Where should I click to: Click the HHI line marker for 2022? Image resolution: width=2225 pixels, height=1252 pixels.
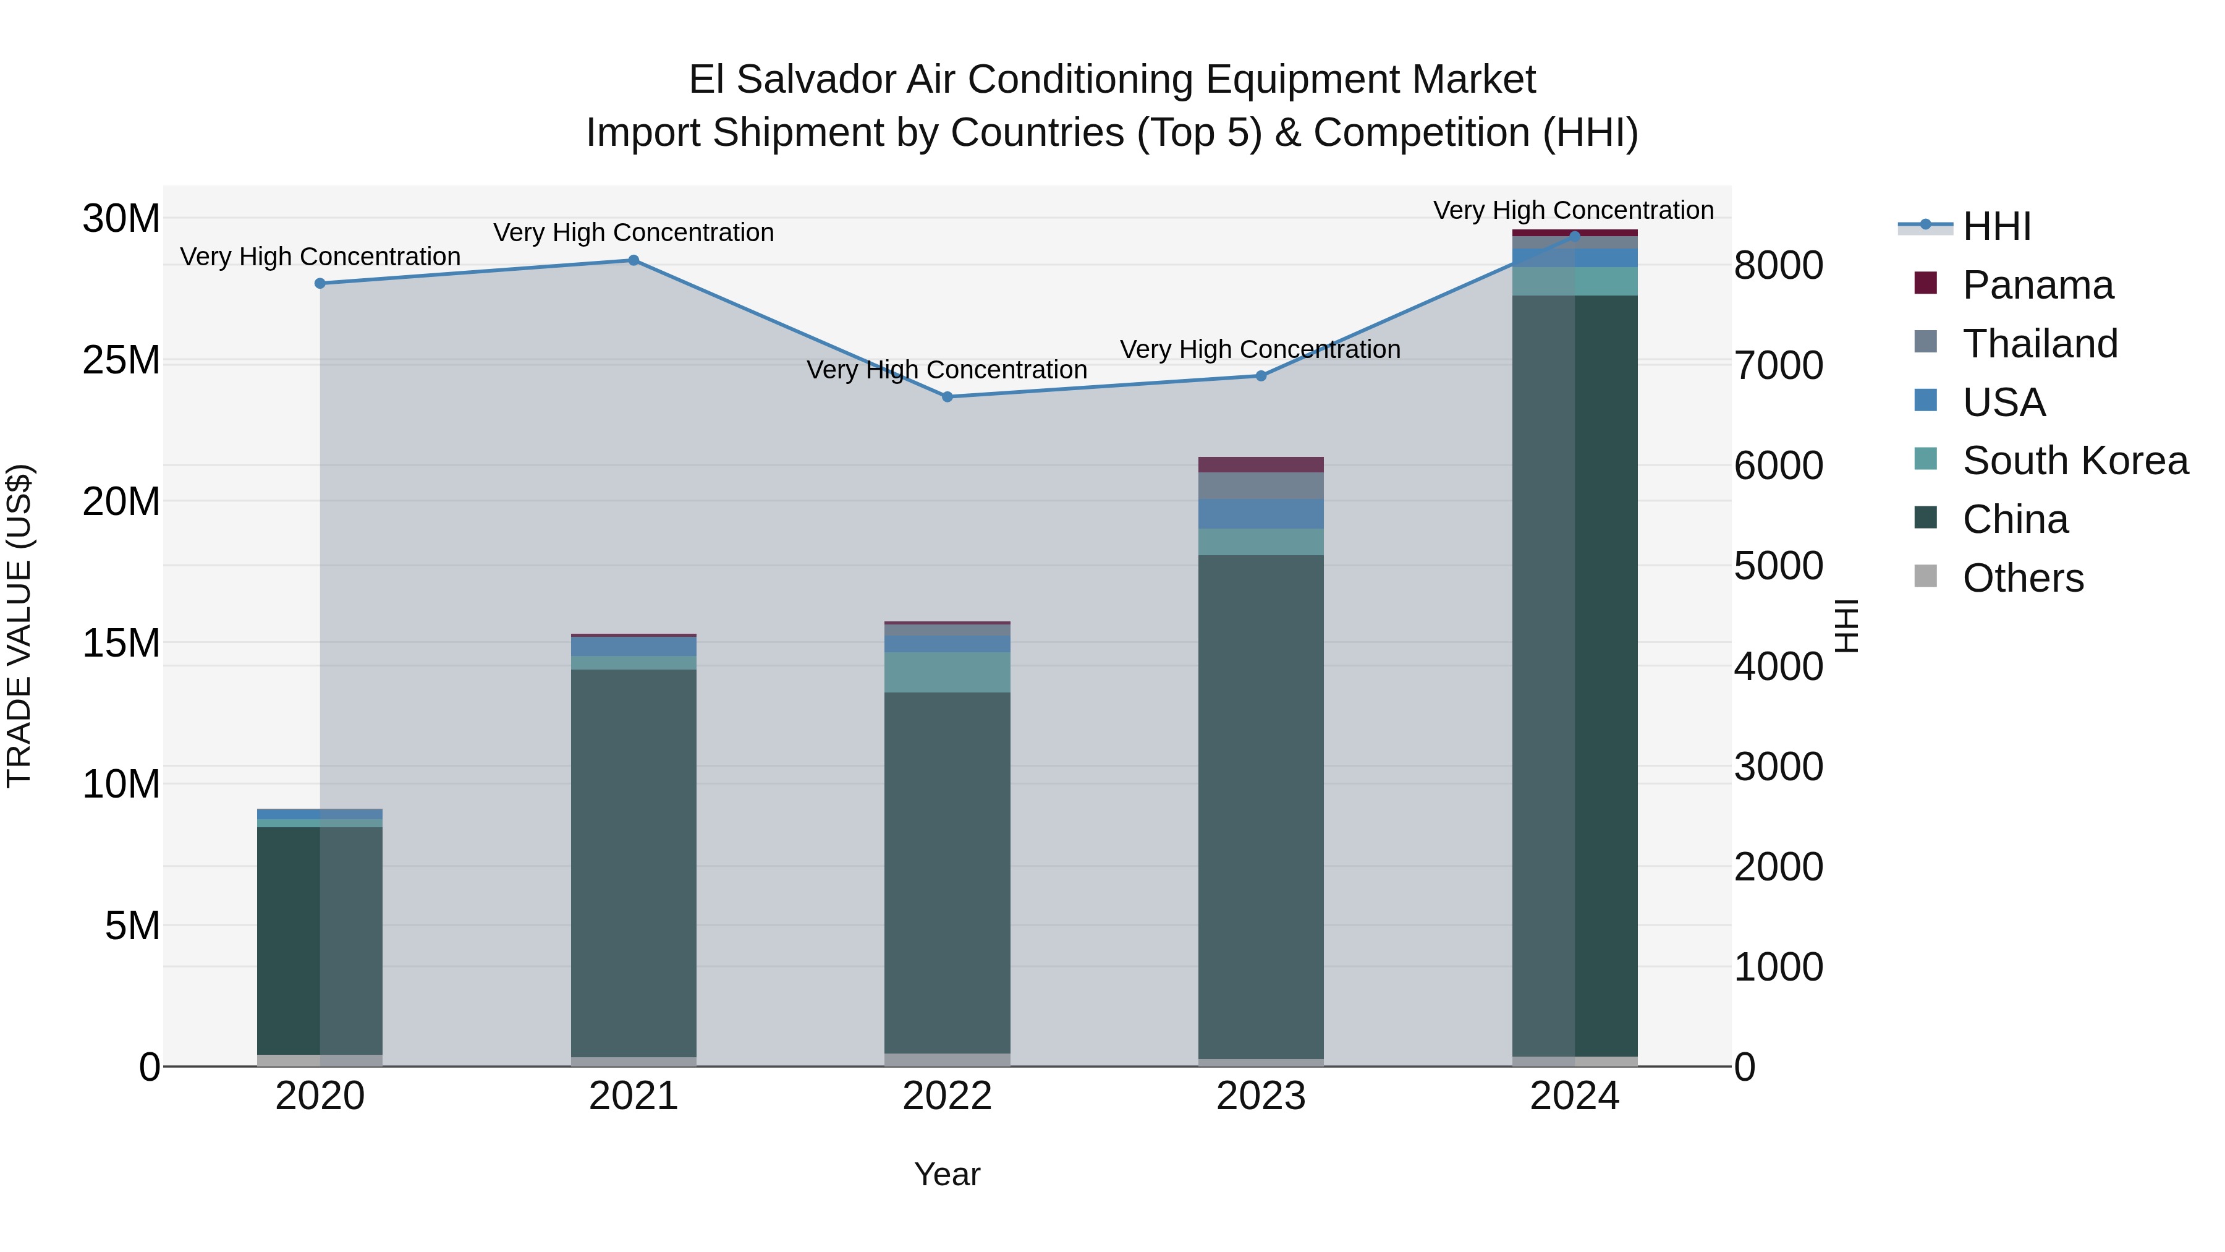tap(947, 396)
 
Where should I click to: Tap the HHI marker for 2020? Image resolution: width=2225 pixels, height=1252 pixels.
tap(320, 283)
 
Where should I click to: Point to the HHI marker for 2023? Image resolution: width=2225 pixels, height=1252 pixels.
tap(1260, 376)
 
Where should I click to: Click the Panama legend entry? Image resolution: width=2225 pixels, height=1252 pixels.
tap(2036, 285)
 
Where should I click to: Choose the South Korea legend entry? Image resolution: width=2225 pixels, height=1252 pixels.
tap(2074, 461)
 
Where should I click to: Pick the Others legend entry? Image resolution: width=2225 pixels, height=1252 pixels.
tap(2022, 578)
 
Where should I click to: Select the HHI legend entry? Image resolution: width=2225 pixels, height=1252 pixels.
tap(1996, 226)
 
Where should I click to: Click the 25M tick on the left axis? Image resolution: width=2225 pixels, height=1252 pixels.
tap(121, 360)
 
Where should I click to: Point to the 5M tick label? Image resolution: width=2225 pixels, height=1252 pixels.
tap(132, 926)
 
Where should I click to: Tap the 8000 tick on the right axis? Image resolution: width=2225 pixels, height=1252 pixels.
tap(1778, 265)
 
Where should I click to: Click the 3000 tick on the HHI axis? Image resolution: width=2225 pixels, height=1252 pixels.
tap(1778, 767)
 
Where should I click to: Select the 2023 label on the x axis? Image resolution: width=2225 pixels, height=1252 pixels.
tap(1260, 1096)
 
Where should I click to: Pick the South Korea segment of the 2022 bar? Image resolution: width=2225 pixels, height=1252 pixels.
tap(947, 672)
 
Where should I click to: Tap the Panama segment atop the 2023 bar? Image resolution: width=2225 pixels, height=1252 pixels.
tap(1260, 465)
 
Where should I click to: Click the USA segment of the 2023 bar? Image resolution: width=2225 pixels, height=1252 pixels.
tap(1260, 514)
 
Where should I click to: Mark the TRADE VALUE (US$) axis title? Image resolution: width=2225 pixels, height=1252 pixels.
tap(19, 626)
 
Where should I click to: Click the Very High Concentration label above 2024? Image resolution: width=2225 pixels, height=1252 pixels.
tap(1573, 210)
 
